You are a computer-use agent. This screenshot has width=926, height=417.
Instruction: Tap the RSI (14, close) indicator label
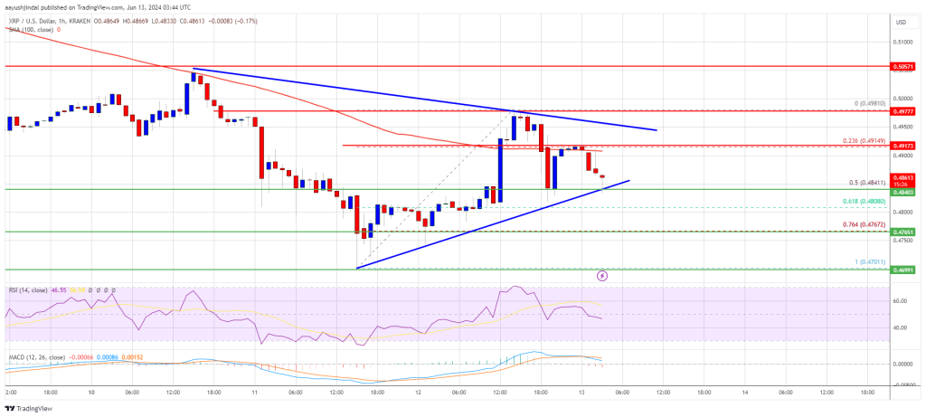(x=27, y=289)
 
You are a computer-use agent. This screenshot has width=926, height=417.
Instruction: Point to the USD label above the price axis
(x=900, y=22)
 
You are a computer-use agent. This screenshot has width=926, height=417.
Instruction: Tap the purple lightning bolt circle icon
(x=602, y=274)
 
